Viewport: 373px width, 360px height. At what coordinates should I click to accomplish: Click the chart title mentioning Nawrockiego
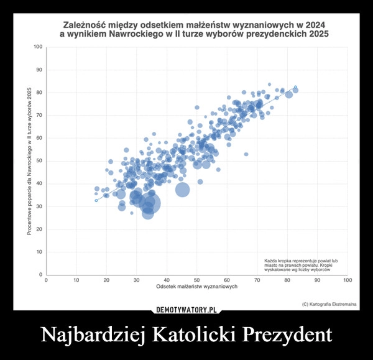click(x=194, y=28)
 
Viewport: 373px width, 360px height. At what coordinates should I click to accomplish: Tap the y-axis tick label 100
click(x=38, y=47)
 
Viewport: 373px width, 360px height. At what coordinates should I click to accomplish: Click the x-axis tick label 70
click(x=257, y=281)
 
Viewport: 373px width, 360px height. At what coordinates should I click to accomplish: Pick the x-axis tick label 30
click(x=136, y=281)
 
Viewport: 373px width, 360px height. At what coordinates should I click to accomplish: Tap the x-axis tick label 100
click(x=348, y=281)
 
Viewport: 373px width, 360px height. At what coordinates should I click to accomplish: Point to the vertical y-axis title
click(x=29, y=161)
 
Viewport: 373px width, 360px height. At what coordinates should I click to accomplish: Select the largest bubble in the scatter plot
click(x=149, y=203)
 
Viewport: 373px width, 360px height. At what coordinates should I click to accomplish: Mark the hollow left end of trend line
click(x=96, y=201)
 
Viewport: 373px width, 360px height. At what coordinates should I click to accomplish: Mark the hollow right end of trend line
click(x=295, y=87)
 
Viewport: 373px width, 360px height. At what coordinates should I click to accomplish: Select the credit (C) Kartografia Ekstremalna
click(x=328, y=304)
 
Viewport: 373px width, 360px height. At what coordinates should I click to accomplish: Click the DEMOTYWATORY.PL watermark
click(x=186, y=309)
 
